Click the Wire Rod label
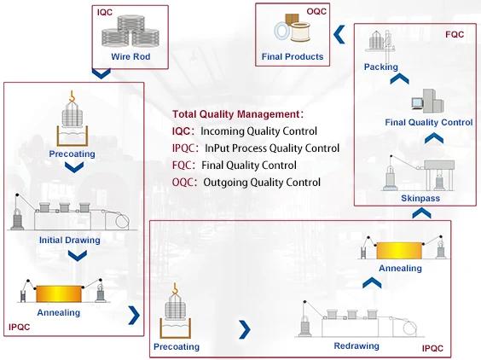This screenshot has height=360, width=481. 130,56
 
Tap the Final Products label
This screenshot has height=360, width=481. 293,56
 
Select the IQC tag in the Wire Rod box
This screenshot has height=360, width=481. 105,12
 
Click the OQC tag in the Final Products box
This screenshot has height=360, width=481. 316,11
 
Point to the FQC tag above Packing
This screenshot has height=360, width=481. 455,34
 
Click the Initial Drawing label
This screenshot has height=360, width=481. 70,240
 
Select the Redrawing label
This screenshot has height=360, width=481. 356,345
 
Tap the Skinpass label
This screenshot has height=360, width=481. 420,198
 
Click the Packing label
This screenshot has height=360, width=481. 380,67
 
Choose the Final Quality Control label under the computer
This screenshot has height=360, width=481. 429,123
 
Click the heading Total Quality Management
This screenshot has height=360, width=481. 235,114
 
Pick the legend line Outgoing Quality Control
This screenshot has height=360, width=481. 262,183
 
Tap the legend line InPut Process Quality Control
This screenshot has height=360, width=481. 272,148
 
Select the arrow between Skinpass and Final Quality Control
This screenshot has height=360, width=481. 434,139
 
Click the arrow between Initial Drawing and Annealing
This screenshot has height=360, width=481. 77,256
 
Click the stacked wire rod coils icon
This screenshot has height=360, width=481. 130,31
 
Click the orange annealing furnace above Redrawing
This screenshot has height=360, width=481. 399,251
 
